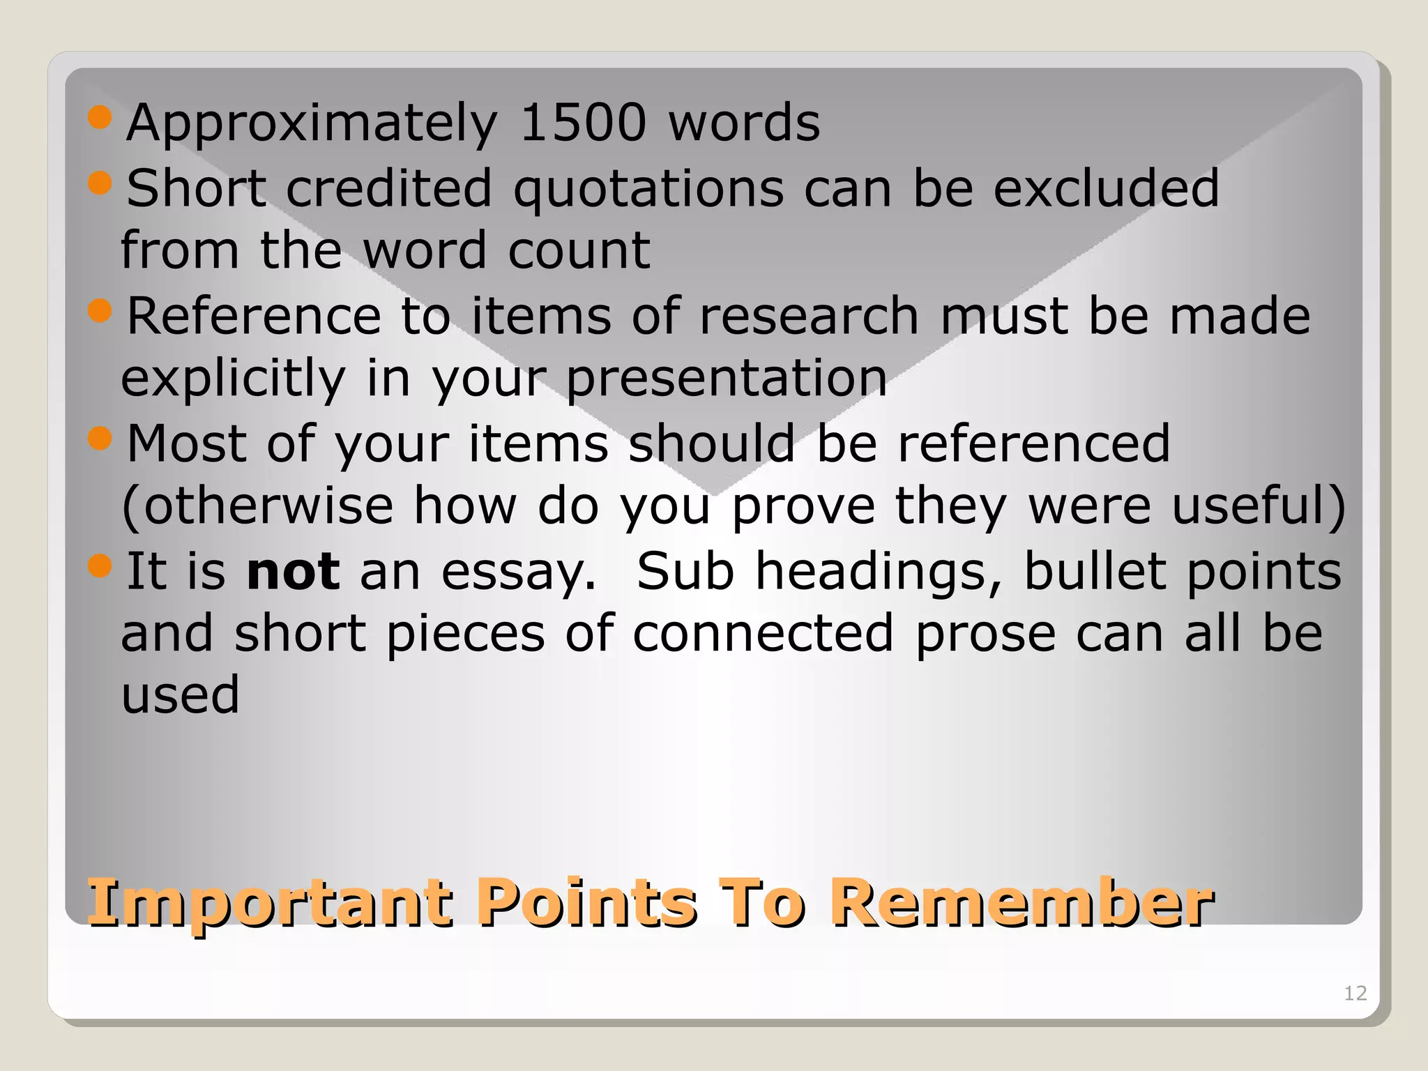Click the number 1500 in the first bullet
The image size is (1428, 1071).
[583, 123]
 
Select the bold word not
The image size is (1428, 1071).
[294, 571]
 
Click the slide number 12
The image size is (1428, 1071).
[1355, 993]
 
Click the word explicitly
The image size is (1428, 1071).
[233, 379]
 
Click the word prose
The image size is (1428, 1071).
[985, 635]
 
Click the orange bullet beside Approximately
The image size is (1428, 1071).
[100, 118]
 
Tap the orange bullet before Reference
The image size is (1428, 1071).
[100, 311]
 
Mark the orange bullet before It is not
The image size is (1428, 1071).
[100, 565]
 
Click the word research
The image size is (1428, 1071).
[809, 317]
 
